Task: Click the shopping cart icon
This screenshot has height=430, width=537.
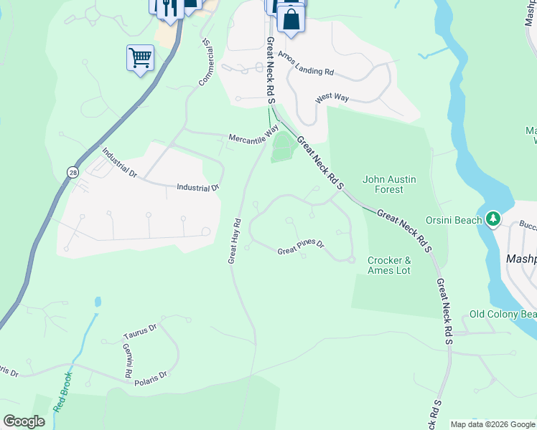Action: click(140, 57)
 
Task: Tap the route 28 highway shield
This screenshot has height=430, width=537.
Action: click(73, 172)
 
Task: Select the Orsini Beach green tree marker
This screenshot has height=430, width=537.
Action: click(492, 219)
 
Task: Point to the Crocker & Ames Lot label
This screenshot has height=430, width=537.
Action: click(389, 265)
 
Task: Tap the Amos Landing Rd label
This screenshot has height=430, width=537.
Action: click(307, 64)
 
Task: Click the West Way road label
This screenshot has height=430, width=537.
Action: click(332, 97)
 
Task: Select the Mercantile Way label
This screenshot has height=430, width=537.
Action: click(253, 134)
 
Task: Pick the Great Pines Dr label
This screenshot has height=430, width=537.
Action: click(302, 247)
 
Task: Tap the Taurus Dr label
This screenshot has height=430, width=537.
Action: click(139, 331)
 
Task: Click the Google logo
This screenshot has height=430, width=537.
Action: click(24, 421)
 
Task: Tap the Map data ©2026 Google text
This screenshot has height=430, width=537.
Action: click(492, 424)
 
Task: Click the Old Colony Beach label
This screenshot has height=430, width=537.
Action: click(503, 314)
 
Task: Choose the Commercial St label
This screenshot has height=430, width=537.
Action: click(206, 63)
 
